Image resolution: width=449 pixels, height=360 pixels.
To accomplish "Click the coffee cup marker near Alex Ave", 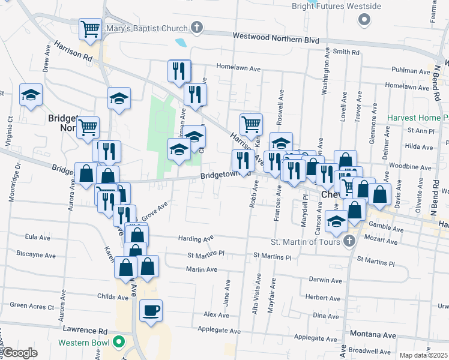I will [151, 311].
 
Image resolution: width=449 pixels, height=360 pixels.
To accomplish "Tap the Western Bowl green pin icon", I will [119, 343].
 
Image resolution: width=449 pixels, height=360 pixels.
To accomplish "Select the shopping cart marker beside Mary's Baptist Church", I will [90, 28].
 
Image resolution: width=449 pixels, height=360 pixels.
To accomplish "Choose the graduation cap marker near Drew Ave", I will [31, 95].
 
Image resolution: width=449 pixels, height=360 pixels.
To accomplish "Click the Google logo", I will [20, 353].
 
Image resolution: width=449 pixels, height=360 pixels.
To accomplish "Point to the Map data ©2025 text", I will [423, 355].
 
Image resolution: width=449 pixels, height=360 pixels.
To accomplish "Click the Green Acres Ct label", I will [32, 305].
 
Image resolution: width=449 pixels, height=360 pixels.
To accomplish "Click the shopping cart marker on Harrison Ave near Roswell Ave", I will [251, 124].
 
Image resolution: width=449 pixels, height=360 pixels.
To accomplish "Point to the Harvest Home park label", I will [418, 118].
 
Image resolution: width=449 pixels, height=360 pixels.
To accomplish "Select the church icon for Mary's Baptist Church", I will [196, 27].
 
